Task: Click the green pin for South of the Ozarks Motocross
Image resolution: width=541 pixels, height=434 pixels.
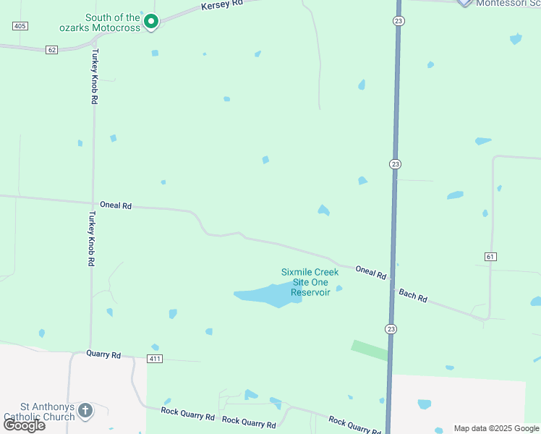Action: click(150, 22)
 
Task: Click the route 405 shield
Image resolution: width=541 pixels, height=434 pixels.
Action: click(20, 26)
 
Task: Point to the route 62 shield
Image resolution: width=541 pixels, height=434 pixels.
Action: click(51, 50)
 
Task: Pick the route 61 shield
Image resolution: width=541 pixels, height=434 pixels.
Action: click(490, 256)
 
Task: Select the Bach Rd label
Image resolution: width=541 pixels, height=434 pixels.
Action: click(413, 295)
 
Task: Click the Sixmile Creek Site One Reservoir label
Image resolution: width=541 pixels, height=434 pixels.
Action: click(310, 282)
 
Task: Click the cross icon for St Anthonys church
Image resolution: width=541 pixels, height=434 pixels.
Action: click(85, 412)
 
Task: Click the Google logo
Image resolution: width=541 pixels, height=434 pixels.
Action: click(24, 425)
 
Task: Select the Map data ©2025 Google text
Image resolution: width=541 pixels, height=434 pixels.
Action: click(497, 428)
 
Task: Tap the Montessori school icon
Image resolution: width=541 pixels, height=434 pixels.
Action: click(464, 2)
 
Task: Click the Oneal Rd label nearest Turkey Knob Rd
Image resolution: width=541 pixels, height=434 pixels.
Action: click(116, 206)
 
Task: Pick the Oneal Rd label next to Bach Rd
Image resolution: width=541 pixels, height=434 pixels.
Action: click(370, 272)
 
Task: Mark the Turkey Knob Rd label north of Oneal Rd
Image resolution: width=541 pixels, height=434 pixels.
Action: click(93, 78)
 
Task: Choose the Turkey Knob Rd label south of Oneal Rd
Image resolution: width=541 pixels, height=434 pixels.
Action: click(92, 239)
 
